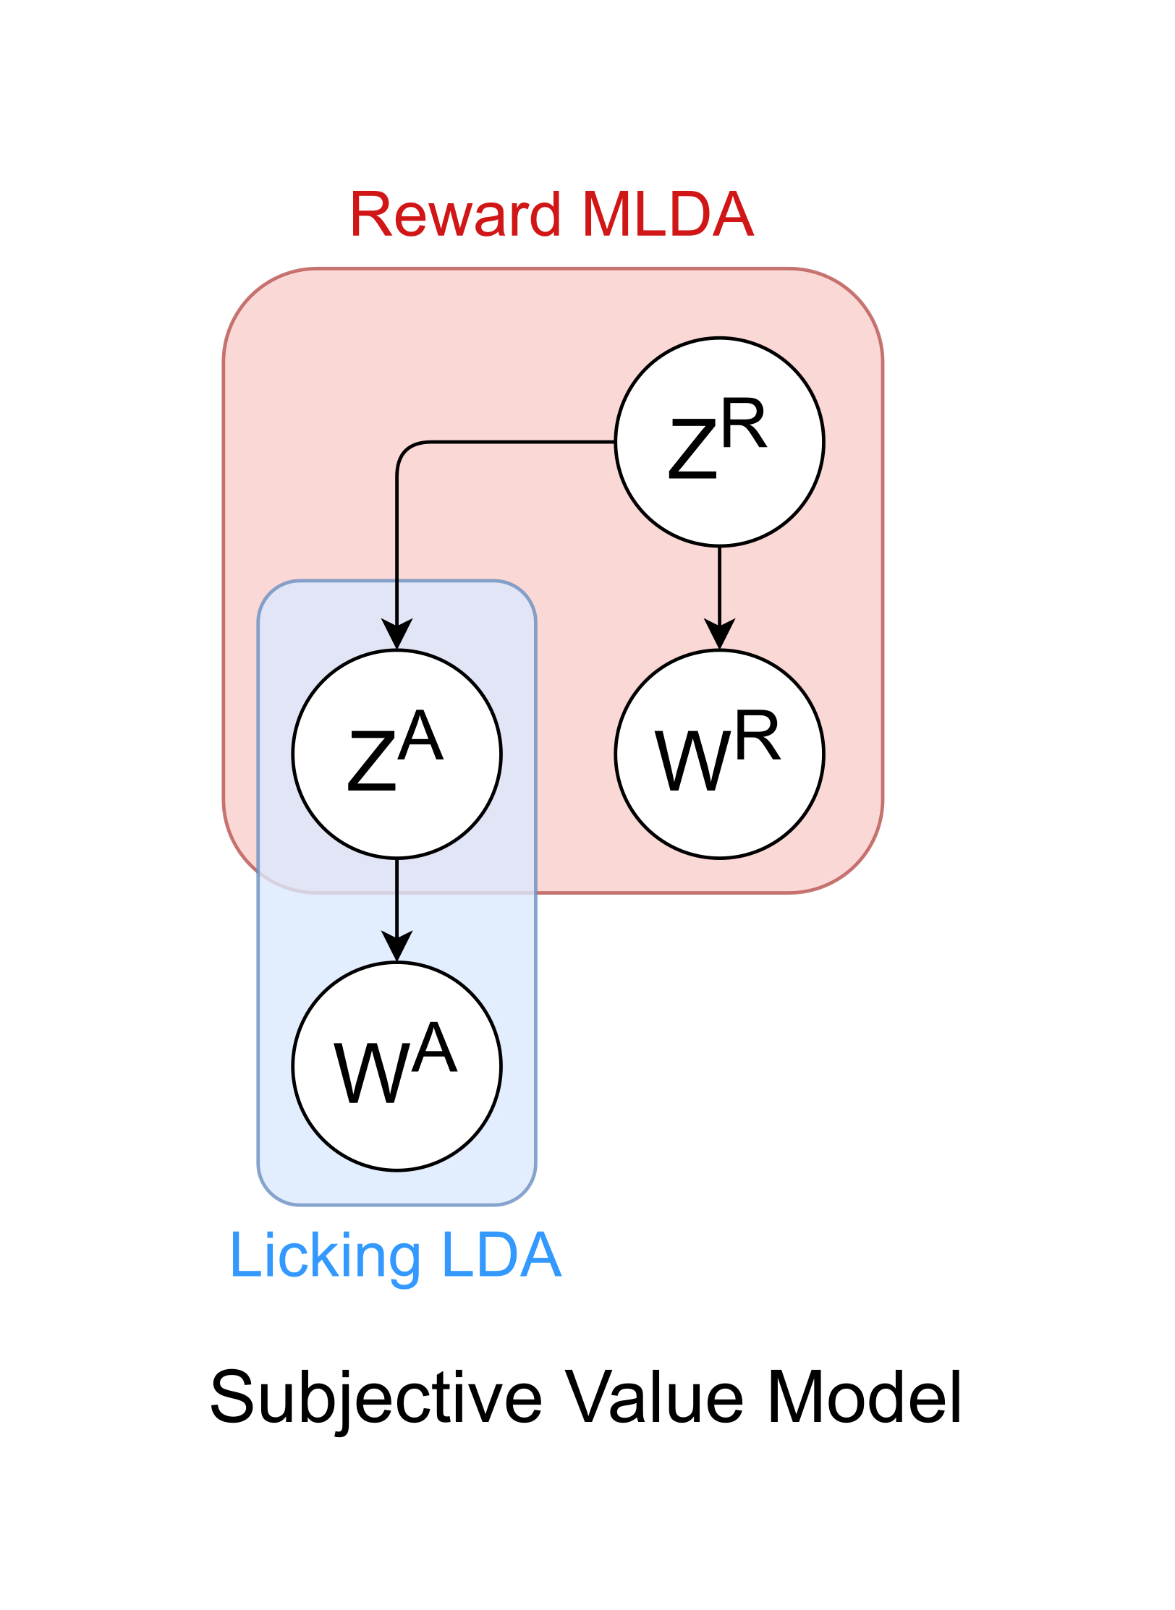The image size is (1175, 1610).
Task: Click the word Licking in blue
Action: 325,1256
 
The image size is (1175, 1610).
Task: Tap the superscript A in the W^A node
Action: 435,1049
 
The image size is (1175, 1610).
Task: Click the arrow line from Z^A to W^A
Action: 396,897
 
